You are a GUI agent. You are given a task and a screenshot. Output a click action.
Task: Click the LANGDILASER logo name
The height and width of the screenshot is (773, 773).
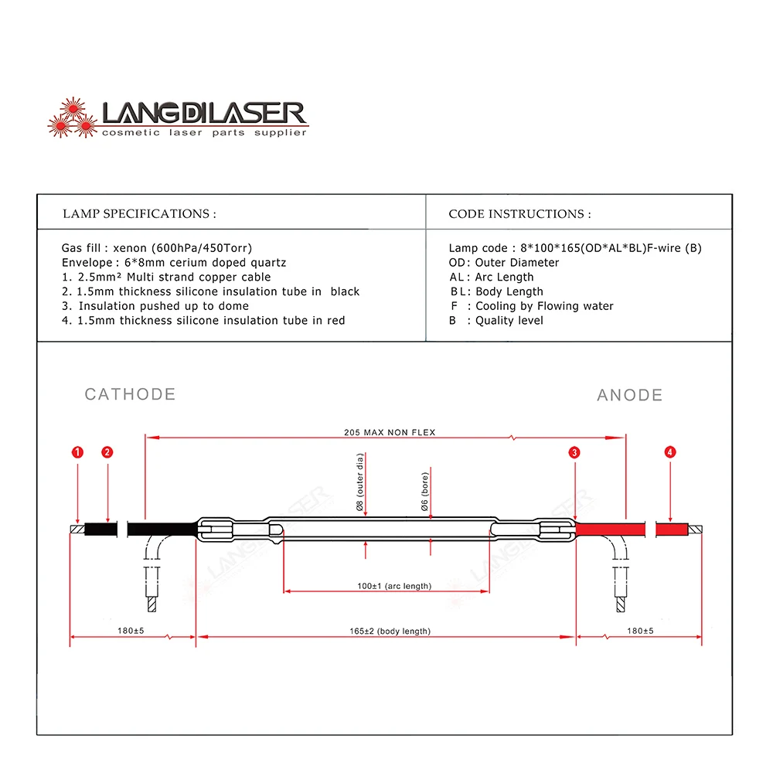pos(205,114)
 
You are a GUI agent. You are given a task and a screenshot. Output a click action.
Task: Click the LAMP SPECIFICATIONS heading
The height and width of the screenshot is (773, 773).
pos(139,213)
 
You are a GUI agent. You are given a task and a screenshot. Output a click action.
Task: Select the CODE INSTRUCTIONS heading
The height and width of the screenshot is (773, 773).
pos(519,213)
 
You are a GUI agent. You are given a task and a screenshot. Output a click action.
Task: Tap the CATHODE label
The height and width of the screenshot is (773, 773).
pos(130,394)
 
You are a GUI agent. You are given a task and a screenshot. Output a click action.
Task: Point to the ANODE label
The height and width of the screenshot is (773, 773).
pos(630,395)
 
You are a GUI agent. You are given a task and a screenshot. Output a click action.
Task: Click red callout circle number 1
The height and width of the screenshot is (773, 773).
pos(77,452)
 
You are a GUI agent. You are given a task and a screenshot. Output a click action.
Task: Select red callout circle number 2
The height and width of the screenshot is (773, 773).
pos(107,452)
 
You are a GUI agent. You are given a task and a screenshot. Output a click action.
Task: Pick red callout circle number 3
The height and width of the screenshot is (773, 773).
pos(574,452)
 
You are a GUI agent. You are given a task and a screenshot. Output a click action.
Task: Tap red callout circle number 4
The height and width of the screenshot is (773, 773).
pos(670,452)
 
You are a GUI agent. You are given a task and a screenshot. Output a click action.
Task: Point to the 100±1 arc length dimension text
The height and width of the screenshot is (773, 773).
pos(394,586)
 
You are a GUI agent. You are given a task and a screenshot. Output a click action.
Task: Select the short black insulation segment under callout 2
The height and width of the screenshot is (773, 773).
pos(100,530)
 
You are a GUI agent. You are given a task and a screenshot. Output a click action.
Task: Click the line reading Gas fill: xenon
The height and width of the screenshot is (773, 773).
pos(157,248)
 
